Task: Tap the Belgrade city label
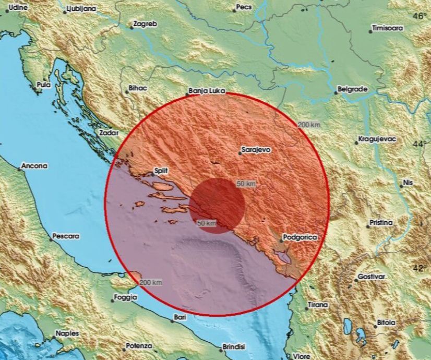[x=353, y=89]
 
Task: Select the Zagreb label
[x=146, y=24]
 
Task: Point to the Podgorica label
[x=300, y=237]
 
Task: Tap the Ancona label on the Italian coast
[x=34, y=166]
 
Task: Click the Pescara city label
[x=66, y=236]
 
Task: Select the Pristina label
[x=381, y=223]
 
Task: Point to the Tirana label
[x=318, y=305]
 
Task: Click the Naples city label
[x=67, y=333]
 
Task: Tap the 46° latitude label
[x=419, y=16]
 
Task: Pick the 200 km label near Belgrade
[x=309, y=125]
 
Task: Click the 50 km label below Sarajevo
[x=246, y=184]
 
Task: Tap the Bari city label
[x=180, y=317]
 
